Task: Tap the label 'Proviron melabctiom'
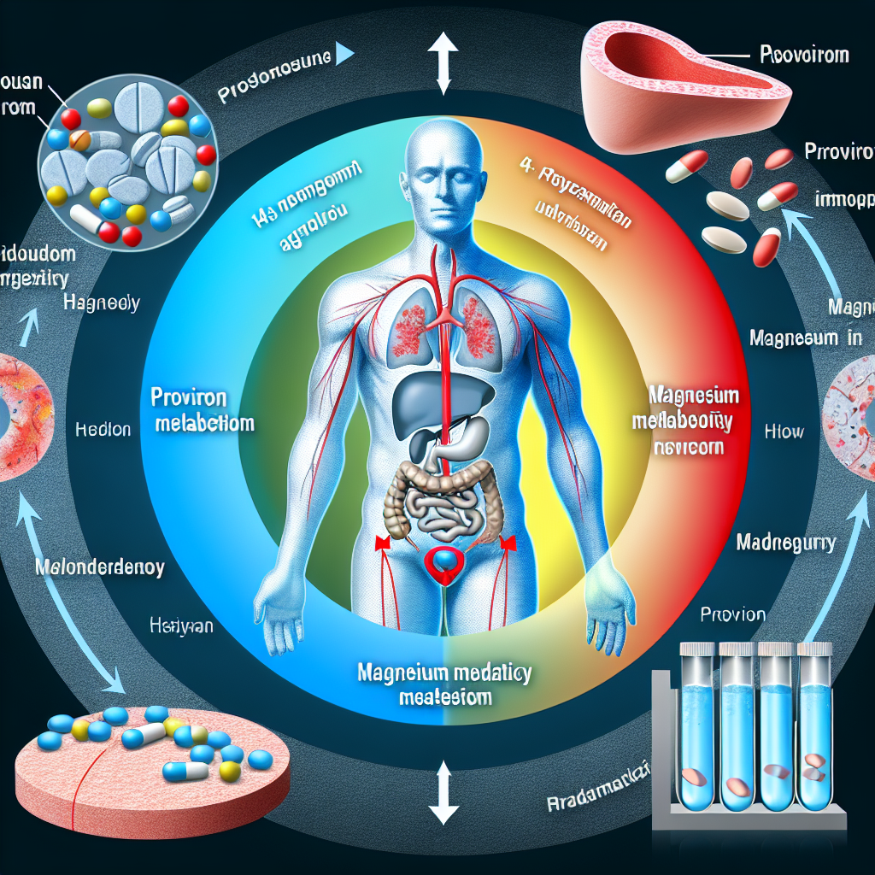tap(202, 411)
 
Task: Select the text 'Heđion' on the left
tap(103, 430)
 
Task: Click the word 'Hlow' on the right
tap(784, 432)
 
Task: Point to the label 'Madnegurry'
tap(785, 542)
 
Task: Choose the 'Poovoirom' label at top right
tap(804, 56)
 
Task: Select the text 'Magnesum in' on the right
tap(805, 338)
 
